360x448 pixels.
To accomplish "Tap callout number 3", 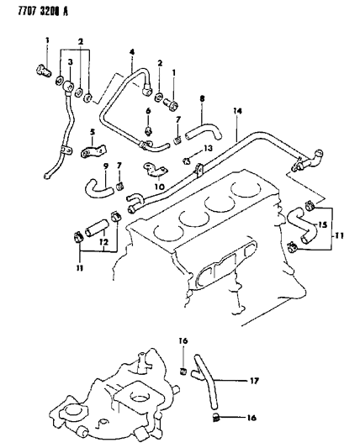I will tap(71, 62).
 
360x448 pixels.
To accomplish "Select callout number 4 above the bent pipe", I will tap(130, 53).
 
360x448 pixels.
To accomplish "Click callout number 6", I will tap(148, 110).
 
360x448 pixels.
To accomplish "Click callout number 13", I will tap(208, 148).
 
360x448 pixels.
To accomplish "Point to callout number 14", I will tap(239, 110).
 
